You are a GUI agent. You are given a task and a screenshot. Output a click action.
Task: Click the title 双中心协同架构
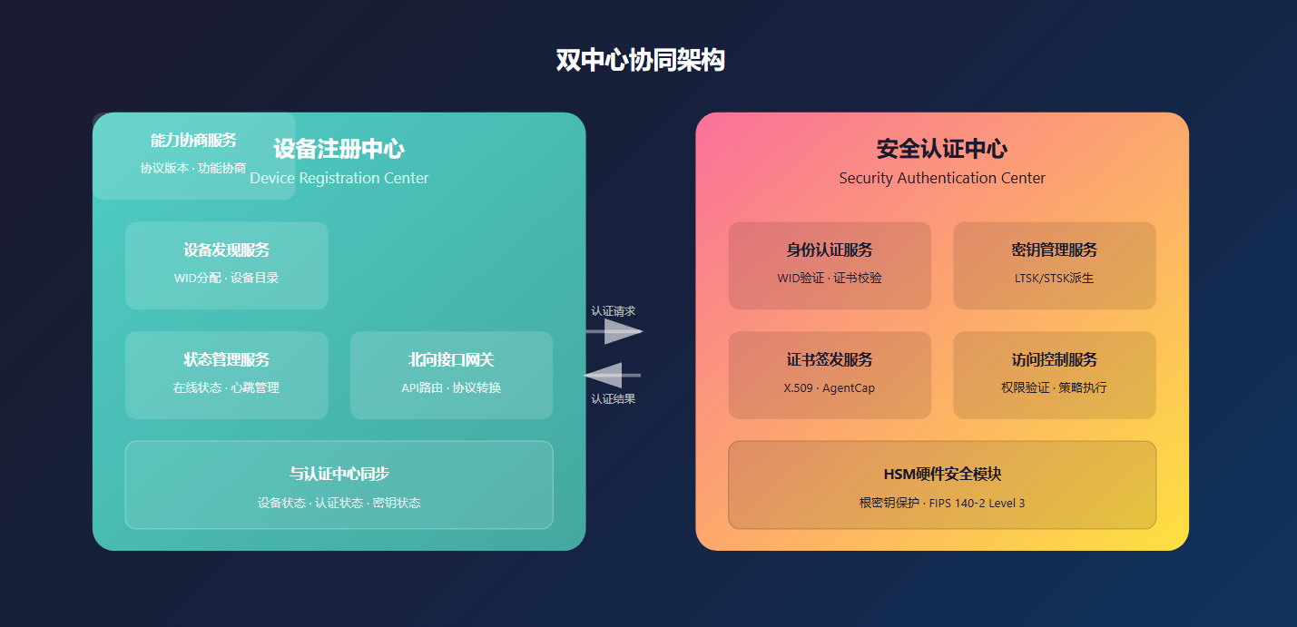pyautogui.click(x=640, y=61)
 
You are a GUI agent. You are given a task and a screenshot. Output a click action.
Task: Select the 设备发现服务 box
pyautogui.click(x=226, y=265)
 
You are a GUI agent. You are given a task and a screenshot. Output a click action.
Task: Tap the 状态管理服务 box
pyautogui.click(x=226, y=375)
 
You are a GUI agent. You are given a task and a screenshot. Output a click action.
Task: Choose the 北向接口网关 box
pyautogui.click(x=451, y=375)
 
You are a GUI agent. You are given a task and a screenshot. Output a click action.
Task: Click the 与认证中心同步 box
pyautogui.click(x=339, y=485)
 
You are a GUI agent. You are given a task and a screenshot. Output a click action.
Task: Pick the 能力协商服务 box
pyautogui.click(x=193, y=155)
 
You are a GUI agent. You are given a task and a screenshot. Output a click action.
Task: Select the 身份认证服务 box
pyautogui.click(x=830, y=265)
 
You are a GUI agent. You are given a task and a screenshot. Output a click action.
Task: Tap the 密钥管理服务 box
pyautogui.click(x=1054, y=265)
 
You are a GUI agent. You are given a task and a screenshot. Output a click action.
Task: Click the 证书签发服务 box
pyautogui.click(x=830, y=375)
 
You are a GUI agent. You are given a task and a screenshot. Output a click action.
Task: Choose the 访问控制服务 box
pyautogui.click(x=1054, y=375)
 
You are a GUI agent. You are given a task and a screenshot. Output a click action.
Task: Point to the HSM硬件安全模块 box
pyautogui.click(x=942, y=485)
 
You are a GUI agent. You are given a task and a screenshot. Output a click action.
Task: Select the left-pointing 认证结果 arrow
pyautogui.click(x=613, y=375)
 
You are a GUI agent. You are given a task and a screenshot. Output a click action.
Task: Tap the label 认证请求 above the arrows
pyautogui.click(x=614, y=311)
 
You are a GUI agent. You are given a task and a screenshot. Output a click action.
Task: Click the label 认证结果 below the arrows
pyautogui.click(x=614, y=398)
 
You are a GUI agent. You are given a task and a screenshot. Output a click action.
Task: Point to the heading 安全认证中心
pyautogui.click(x=942, y=149)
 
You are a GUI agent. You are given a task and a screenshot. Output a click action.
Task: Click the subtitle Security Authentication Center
pyautogui.click(x=942, y=179)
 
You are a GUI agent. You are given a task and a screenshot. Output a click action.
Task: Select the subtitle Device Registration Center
pyautogui.click(x=339, y=179)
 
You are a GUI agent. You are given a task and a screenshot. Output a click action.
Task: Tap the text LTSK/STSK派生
pyautogui.click(x=1054, y=279)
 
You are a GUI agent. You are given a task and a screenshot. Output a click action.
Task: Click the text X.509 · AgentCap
pyautogui.click(x=830, y=388)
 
